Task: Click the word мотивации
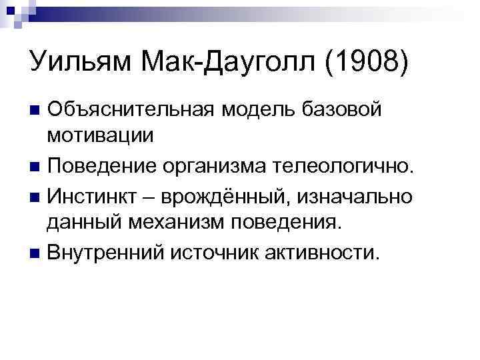pyautogui.click(x=100, y=136)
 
